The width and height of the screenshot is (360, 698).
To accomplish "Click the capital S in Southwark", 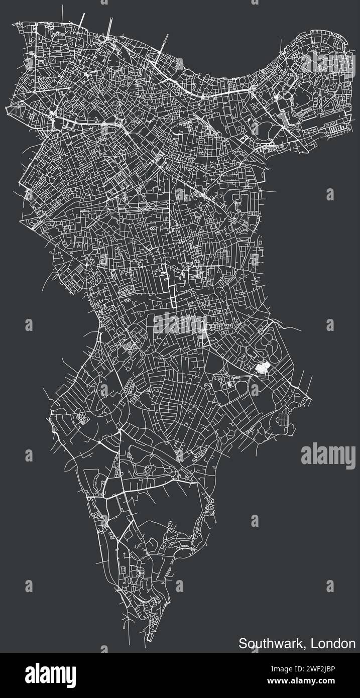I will (243, 643).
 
